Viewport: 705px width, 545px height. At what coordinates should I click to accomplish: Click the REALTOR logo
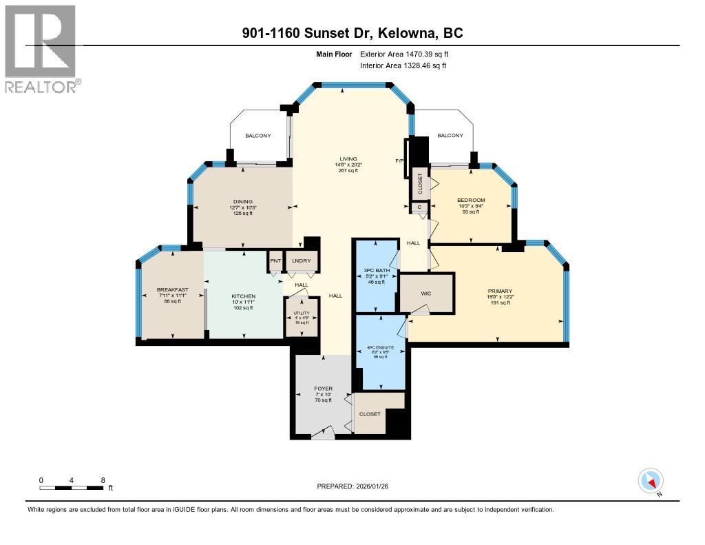(x=41, y=48)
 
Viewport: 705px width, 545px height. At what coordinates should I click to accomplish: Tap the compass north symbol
(x=651, y=481)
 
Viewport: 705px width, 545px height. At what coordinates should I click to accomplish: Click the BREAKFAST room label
(x=172, y=289)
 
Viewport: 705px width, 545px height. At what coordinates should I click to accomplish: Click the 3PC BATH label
(x=377, y=271)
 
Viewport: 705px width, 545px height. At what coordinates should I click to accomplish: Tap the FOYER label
(x=323, y=389)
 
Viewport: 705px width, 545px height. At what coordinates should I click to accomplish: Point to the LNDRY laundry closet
(x=302, y=260)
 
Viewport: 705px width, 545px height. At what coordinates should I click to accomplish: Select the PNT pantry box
(x=275, y=260)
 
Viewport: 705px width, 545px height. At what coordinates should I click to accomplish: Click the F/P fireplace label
(x=399, y=161)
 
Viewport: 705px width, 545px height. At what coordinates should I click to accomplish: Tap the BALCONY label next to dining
(x=258, y=136)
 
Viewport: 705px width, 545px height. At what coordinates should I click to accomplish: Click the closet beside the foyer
(x=370, y=414)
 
